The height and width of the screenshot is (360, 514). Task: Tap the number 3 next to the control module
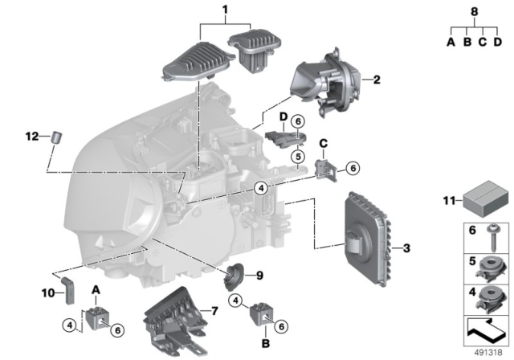coord(406,248)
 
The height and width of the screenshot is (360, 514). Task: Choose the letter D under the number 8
coord(498,41)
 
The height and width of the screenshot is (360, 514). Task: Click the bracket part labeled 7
coord(173,319)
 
